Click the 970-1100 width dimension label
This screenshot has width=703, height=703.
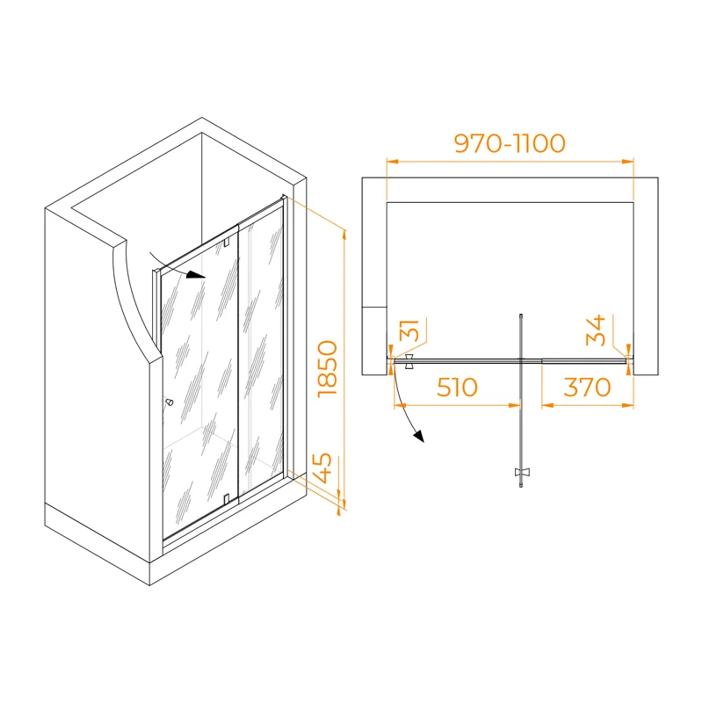click(x=509, y=143)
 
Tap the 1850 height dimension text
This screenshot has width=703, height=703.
click(x=327, y=368)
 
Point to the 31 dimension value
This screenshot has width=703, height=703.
click(x=409, y=333)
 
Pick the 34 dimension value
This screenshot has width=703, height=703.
click(x=598, y=332)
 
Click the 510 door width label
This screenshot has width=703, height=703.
click(x=453, y=387)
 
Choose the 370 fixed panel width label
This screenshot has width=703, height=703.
click(x=587, y=387)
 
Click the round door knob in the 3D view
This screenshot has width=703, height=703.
click(x=169, y=403)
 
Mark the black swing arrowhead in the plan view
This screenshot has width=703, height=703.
click(x=419, y=437)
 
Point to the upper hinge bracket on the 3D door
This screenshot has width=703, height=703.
click(x=227, y=243)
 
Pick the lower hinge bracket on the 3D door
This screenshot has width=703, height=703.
click(x=227, y=500)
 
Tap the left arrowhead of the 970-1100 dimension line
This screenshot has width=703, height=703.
click(x=392, y=162)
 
